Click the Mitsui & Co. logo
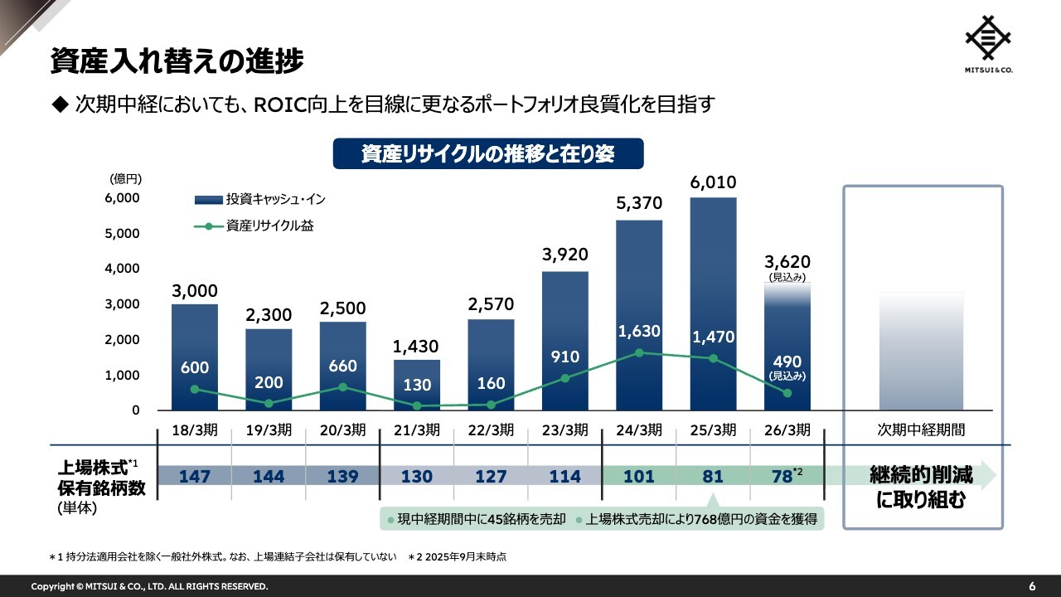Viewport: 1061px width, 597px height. click(x=989, y=44)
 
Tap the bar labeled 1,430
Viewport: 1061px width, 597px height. click(x=417, y=385)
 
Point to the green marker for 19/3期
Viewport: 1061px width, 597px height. click(x=269, y=404)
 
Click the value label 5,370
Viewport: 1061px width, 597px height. click(x=639, y=203)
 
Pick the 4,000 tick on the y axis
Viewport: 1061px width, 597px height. click(x=123, y=269)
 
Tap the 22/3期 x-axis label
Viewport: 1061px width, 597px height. click(x=491, y=430)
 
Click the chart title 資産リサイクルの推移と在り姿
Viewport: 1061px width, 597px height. click(x=488, y=154)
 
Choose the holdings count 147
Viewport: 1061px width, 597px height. click(x=195, y=477)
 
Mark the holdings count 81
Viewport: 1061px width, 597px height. click(x=713, y=477)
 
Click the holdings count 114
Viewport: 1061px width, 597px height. click(x=565, y=477)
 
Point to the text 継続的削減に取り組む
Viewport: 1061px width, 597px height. click(x=921, y=488)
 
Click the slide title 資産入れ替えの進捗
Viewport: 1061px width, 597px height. click(x=177, y=61)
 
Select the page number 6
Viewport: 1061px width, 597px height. click(x=1032, y=586)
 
